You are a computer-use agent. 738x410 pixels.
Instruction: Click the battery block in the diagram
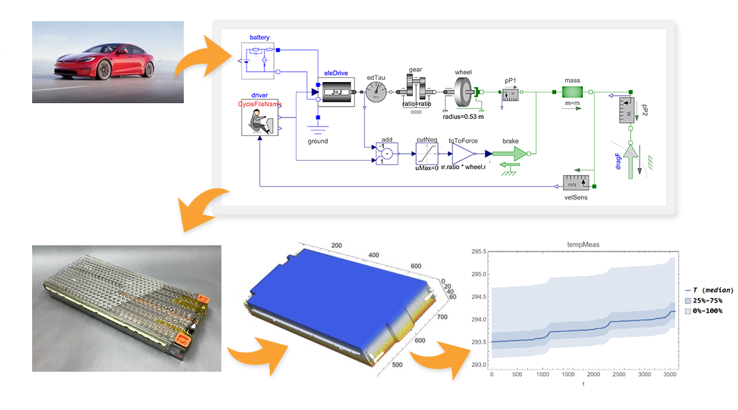(x=258, y=60)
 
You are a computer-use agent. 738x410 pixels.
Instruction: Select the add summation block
(x=386, y=154)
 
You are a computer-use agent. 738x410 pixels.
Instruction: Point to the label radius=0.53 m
(x=463, y=118)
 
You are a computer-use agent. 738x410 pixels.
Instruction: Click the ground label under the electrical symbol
(x=318, y=141)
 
